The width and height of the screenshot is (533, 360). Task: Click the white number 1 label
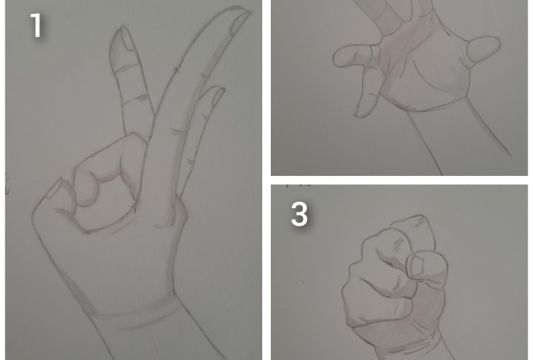tap(36, 26)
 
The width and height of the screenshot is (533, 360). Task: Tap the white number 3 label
tap(299, 215)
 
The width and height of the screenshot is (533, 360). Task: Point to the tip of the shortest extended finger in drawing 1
tap(215, 93)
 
